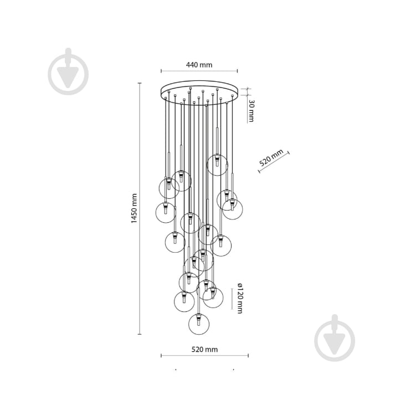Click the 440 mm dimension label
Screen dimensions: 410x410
click(x=199, y=65)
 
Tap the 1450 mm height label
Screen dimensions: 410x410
click(x=134, y=208)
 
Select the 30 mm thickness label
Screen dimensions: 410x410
click(x=251, y=111)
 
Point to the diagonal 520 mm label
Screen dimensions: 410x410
click(x=271, y=158)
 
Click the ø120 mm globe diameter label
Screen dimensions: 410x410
click(x=239, y=298)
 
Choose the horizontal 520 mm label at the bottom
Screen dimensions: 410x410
click(x=204, y=350)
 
